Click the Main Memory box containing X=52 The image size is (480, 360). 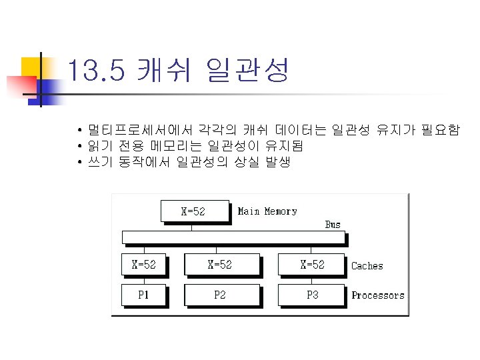pyautogui.click(x=194, y=211)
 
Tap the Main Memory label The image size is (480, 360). pyautogui.click(x=267, y=211)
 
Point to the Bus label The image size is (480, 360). pyautogui.click(x=333, y=225)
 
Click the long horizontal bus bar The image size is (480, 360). pyautogui.click(x=233, y=237)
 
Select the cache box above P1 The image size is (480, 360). pyautogui.click(x=143, y=265)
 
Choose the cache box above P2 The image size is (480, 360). pyautogui.click(x=220, y=265)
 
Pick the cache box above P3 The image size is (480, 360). pyautogui.click(x=312, y=265)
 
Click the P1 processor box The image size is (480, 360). pyautogui.click(x=143, y=295)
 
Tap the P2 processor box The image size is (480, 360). pyautogui.click(x=220, y=295)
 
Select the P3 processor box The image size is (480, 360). pyautogui.click(x=312, y=295)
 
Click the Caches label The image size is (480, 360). pyautogui.click(x=367, y=266)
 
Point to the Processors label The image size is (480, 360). pyautogui.click(x=378, y=295)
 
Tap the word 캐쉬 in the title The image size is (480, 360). pyautogui.click(x=161, y=70)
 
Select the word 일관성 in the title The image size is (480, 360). pyautogui.click(x=248, y=70)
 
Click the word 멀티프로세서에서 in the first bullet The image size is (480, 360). pyautogui.click(x=134, y=129)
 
